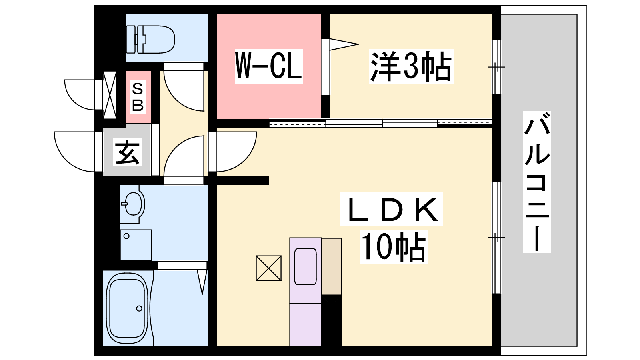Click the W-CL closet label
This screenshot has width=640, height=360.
point(269,66)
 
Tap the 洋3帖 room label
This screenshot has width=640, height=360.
point(411,66)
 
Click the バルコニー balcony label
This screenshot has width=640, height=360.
point(537,182)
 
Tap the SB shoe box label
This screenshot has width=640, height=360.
point(138,97)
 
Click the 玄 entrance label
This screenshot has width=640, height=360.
point(127,152)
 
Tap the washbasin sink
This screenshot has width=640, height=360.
point(134,204)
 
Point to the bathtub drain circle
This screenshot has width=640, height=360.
point(139,308)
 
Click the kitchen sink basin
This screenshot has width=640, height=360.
point(306,266)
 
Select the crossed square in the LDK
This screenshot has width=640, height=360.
point(268,268)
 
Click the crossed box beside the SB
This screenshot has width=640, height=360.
point(110,95)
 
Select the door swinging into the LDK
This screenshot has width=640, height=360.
point(236,152)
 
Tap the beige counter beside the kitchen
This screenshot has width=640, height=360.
point(332,266)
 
